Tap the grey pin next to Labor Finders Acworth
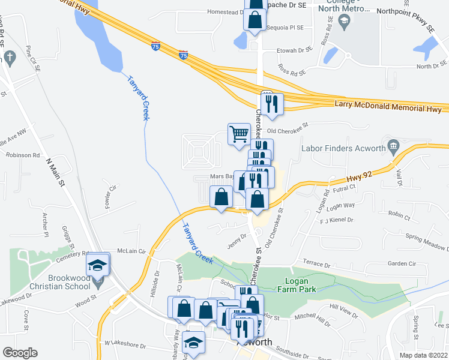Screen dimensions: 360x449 coord(394,145)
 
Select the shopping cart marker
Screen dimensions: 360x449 coord(239,133)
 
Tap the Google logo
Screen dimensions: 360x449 coord(20,353)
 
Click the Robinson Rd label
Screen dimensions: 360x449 coord(23,154)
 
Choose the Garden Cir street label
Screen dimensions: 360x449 coord(402,263)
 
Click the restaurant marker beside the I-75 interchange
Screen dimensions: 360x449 coord(272,103)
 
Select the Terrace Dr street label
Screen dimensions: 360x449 coord(317,264)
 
